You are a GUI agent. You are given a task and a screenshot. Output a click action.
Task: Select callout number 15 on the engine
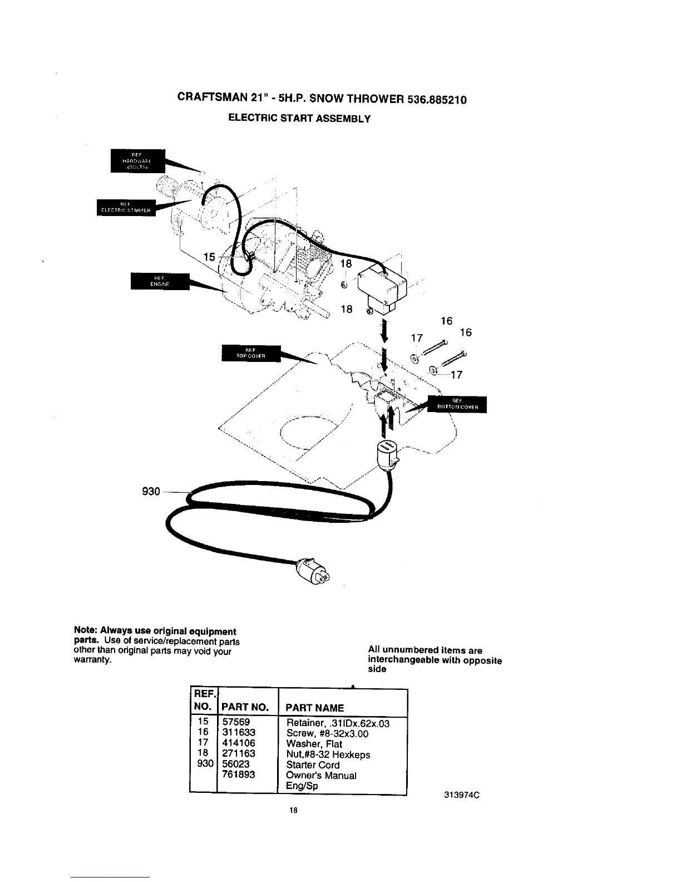pos(209,257)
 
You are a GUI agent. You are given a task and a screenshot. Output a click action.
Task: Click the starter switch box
pos(381,290)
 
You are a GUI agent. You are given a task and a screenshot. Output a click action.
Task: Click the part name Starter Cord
pos(312,765)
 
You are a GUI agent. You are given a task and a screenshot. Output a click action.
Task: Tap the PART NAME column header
pos(314,708)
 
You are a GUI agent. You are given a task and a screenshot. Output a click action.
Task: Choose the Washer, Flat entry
pos(314,744)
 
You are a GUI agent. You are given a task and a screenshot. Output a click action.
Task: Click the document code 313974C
pos(462,795)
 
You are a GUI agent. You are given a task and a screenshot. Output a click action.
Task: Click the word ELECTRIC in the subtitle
pos(249,119)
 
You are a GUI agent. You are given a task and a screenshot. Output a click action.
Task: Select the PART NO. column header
pos(245,708)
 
